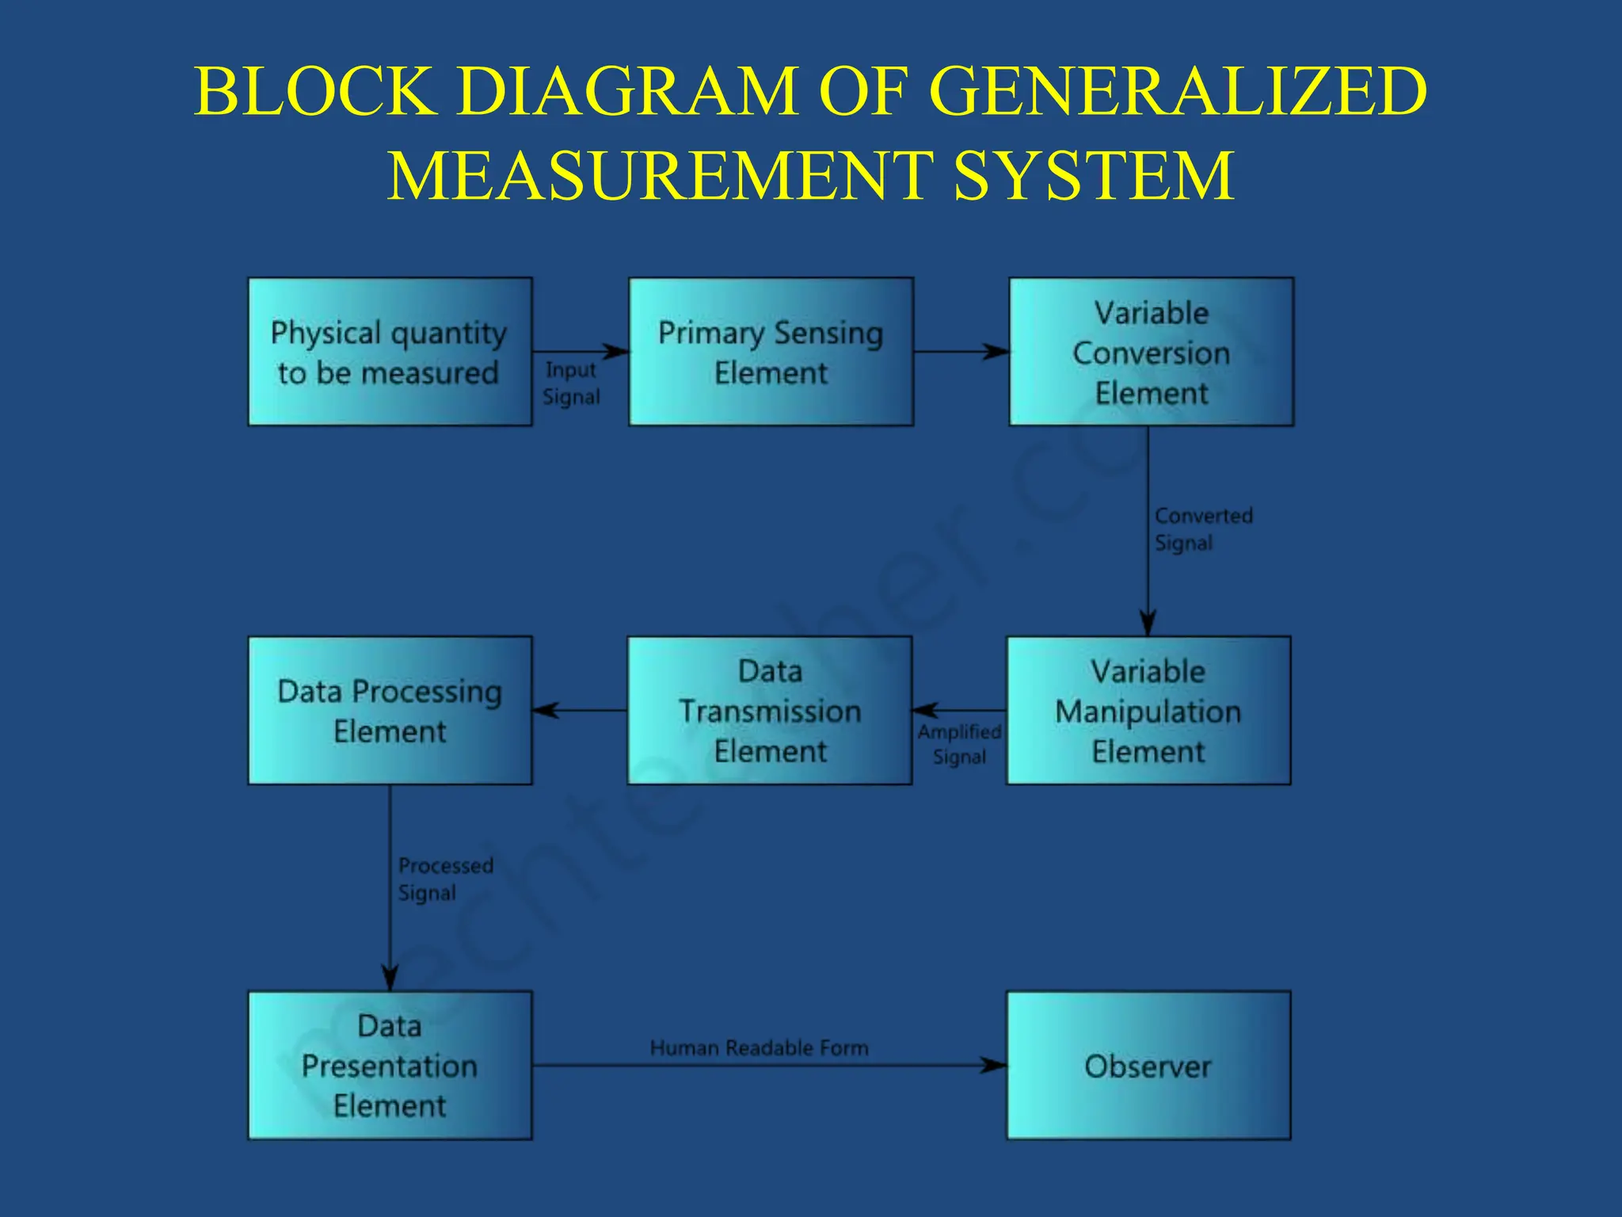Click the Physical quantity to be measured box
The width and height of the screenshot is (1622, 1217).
[x=390, y=352]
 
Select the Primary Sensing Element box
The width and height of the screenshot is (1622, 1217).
[x=771, y=352]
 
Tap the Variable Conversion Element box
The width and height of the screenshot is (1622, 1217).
[x=1151, y=352]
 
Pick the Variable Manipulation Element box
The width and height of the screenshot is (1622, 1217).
[x=1148, y=711]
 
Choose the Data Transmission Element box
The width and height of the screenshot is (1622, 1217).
[x=770, y=711]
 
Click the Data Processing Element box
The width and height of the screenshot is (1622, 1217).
[x=390, y=711]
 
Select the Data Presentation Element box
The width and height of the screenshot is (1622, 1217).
[x=390, y=1066]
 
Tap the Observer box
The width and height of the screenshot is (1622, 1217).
[x=1148, y=1066]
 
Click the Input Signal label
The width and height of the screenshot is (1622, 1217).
[x=571, y=383]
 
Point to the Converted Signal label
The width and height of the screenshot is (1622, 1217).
[x=1202, y=529]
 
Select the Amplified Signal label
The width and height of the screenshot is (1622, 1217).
[x=959, y=744]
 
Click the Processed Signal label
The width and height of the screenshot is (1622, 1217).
[x=444, y=879]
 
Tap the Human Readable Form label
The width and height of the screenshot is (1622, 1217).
[x=759, y=1048]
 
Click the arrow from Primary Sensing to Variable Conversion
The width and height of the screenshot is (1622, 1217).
[x=961, y=352]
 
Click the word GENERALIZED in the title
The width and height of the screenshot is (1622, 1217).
[x=1178, y=91]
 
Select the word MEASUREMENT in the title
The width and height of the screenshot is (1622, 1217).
[x=659, y=175]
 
